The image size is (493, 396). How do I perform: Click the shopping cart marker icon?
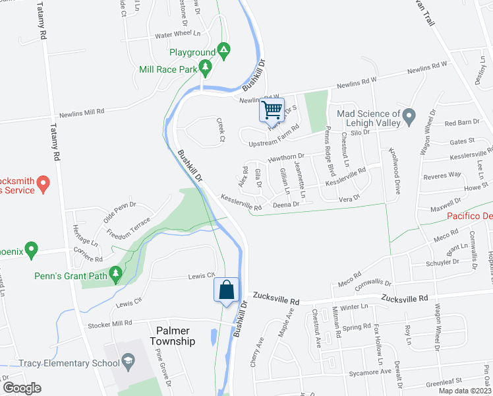pos(272,110)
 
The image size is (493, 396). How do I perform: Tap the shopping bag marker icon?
pos(225,290)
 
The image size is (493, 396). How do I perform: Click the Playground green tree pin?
pos(224,49)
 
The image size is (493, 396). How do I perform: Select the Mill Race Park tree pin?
pos(206,66)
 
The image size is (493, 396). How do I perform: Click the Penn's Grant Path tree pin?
pos(116,272)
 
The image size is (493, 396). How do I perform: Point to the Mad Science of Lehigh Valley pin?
pos(409,118)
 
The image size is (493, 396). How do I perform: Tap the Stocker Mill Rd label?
pos(110,323)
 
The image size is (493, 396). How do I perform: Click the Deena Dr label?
pos(286,205)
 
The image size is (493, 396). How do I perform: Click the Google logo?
pos(21,388)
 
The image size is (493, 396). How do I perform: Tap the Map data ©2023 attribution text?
pos(464,391)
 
